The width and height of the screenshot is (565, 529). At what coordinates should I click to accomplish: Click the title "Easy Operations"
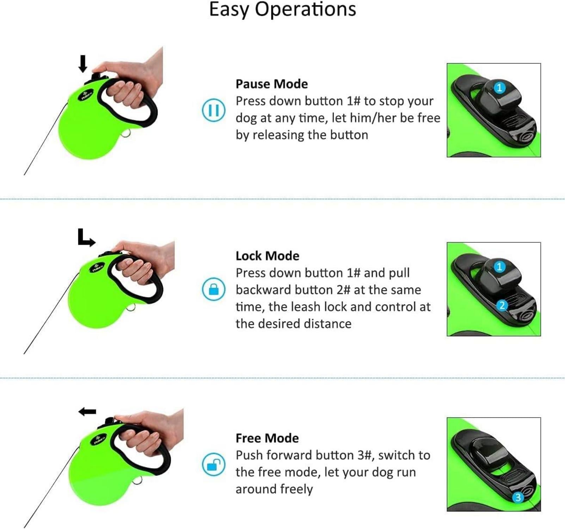[282, 10]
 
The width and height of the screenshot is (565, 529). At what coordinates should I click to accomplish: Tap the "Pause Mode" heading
[271, 84]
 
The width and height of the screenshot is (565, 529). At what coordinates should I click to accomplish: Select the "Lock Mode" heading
[267, 256]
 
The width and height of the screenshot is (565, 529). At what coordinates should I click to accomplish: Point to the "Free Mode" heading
[267, 438]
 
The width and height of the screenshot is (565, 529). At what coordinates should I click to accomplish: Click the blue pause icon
[213, 110]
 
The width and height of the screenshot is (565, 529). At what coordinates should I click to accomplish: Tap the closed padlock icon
[213, 289]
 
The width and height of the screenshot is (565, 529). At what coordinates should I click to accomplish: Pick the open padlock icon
[213, 464]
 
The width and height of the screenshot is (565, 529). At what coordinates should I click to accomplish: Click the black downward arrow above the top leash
[83, 63]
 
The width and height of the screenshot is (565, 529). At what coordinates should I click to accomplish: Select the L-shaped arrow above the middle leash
[86, 238]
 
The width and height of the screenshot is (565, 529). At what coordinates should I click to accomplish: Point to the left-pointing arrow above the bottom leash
[87, 412]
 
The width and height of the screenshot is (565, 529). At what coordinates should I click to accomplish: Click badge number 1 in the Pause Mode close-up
[499, 87]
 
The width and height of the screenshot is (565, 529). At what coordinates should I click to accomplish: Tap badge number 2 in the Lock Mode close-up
[502, 305]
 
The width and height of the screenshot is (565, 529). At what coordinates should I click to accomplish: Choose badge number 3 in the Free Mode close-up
[518, 497]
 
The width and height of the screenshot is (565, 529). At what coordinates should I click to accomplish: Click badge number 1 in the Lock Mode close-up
[499, 267]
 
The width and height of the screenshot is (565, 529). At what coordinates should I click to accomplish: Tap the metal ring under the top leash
[127, 134]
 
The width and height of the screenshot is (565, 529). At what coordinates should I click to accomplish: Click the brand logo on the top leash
[87, 94]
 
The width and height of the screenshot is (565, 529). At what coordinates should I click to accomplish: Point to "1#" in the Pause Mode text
[353, 101]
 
